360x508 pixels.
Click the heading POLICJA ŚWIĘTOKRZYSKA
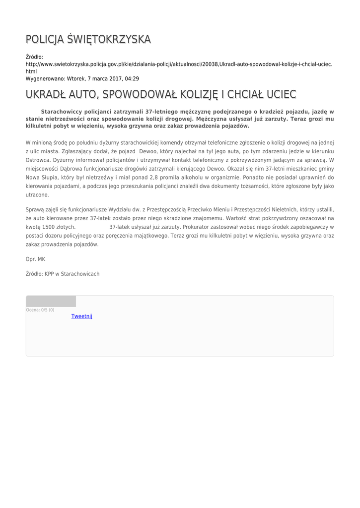tap(88, 39)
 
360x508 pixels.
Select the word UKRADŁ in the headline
tap(48, 94)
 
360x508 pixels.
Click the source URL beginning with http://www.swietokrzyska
tap(179, 64)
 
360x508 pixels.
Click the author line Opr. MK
tap(35, 259)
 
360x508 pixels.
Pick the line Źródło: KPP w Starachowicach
tap(63, 274)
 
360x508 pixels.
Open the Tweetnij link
tap(82, 316)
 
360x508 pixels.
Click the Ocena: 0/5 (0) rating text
tap(40, 310)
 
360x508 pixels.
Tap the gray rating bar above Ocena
tap(51, 301)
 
